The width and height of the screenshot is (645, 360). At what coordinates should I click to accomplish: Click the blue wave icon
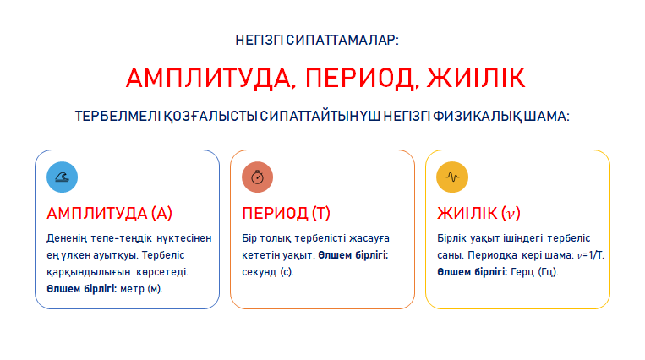[62, 177]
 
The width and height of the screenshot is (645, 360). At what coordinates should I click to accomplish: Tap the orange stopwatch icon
[258, 177]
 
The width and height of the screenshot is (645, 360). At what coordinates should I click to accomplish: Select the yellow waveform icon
[452, 177]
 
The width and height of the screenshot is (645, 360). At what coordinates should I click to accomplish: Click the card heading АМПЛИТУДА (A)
[109, 213]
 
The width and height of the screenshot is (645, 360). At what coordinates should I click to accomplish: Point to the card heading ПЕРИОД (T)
[286, 213]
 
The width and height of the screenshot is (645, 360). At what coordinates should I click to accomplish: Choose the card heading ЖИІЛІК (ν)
[478, 213]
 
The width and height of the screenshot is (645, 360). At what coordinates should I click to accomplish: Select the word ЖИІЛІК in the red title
[476, 78]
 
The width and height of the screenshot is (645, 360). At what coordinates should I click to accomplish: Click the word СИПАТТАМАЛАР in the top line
[342, 40]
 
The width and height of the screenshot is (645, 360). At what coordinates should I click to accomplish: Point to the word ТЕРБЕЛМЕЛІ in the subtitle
[118, 116]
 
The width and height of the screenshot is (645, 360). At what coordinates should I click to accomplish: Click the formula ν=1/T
[590, 255]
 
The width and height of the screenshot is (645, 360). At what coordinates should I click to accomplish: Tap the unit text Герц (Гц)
[534, 272]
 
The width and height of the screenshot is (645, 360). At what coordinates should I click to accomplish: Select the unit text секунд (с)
[268, 272]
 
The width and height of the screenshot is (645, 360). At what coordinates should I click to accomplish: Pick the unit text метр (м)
[141, 289]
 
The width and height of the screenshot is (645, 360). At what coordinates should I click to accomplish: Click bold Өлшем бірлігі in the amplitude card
[82, 289]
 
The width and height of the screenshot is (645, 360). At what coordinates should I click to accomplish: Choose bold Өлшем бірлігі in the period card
[353, 255]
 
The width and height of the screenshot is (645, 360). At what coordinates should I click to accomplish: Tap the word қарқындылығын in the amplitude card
[89, 272]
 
